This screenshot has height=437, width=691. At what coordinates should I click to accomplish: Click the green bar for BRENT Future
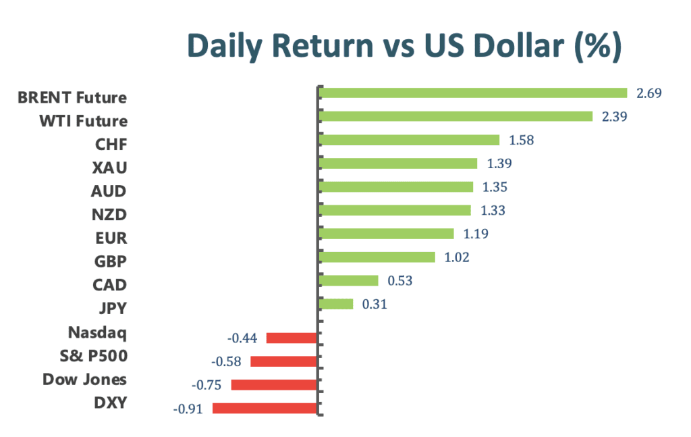[472, 93]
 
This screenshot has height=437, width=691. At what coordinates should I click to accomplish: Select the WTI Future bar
[455, 116]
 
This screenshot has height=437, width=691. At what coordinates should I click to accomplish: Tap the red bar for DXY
[265, 409]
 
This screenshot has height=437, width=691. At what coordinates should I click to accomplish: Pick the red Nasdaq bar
[292, 338]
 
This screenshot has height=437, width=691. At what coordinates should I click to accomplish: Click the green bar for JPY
[336, 304]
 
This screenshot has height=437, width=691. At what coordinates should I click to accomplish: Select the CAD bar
[348, 280]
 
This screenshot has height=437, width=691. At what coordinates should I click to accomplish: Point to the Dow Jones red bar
[274, 385]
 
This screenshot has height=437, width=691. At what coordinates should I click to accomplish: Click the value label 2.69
[648, 93]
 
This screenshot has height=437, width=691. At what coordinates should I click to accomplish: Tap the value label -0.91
[188, 409]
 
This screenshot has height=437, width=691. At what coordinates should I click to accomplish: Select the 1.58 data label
[522, 140]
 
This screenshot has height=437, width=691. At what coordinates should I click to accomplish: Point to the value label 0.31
[375, 304]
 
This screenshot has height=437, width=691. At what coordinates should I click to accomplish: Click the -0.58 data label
[226, 361]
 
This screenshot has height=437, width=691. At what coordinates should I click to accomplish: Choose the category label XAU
[110, 168]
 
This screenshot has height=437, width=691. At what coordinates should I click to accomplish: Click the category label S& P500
[93, 356]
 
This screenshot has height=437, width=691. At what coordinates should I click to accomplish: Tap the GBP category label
[111, 261]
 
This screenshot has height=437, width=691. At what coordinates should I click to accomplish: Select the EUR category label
[111, 238]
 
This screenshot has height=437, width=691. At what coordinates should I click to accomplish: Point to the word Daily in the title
[225, 47]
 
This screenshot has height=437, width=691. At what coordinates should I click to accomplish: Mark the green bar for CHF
[409, 140]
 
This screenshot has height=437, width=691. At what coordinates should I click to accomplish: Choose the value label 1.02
[457, 257]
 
